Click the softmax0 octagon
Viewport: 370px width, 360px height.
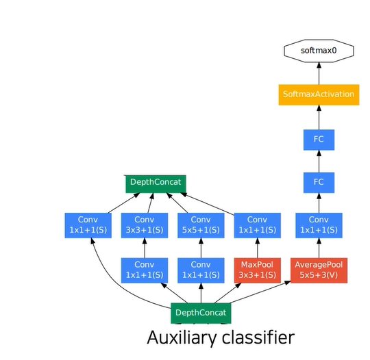point(319,51)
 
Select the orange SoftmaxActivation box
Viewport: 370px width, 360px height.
point(319,94)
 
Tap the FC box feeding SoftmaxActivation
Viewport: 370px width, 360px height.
point(319,140)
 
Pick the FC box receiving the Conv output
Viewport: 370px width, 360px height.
point(319,183)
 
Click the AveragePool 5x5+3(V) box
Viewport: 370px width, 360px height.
point(319,270)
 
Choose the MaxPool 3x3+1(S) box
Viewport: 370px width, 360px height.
point(257,270)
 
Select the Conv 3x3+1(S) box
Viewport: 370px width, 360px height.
point(145,225)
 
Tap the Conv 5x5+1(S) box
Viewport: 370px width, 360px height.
point(201,225)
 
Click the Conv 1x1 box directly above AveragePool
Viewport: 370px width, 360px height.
point(319,225)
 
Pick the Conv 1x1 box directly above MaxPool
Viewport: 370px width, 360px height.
point(257,225)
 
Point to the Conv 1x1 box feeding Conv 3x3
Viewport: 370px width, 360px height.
point(145,270)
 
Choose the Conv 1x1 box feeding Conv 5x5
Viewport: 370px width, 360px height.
point(201,270)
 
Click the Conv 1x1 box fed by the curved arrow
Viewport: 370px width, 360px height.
point(88,225)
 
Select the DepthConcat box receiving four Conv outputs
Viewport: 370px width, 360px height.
point(156,184)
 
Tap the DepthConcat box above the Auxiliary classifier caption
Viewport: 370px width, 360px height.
point(201,313)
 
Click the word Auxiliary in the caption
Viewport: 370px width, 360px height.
point(181,338)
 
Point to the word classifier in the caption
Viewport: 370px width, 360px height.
point(258,338)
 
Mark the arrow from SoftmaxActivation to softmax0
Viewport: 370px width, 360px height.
point(319,73)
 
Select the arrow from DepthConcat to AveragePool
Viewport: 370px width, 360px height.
point(260,292)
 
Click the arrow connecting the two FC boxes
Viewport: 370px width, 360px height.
point(319,162)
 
